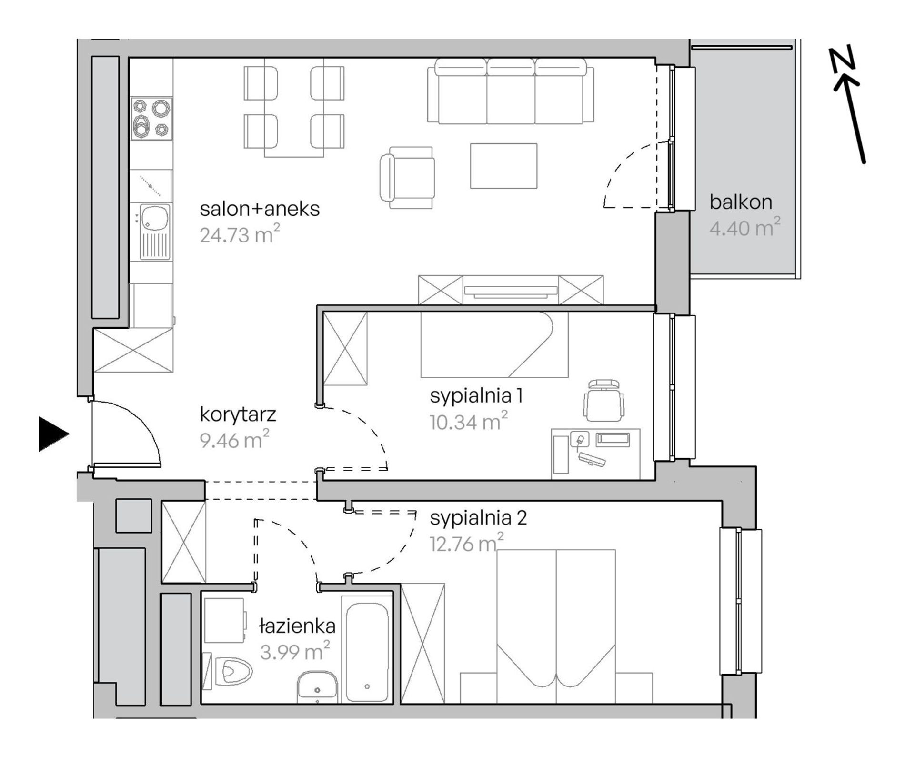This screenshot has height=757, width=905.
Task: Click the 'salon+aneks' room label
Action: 260,209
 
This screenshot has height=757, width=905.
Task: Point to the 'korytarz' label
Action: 238,415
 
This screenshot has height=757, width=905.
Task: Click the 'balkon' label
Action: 741,202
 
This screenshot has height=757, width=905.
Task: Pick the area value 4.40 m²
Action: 745,228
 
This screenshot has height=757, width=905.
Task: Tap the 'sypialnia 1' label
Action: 477,396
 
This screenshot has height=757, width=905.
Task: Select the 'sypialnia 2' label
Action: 478,518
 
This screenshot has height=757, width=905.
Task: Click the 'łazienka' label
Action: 297,626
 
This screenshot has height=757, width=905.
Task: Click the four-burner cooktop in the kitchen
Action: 151,119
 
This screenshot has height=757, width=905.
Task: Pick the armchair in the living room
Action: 407,178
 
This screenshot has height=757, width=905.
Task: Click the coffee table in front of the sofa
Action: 503,166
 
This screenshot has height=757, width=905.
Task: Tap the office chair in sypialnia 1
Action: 604,400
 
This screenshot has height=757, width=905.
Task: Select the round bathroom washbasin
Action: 317,686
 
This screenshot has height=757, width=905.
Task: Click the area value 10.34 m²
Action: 469,422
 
